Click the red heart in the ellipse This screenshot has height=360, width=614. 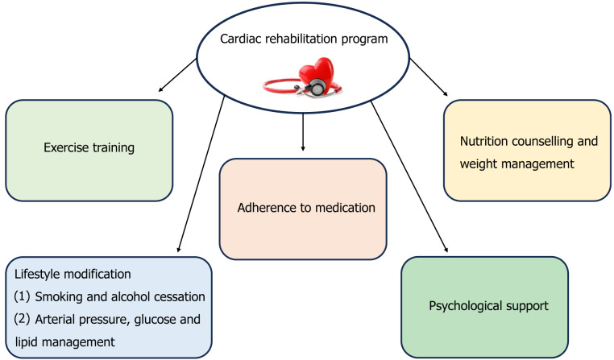317,72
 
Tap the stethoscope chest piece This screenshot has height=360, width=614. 316,87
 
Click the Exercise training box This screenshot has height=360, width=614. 89,151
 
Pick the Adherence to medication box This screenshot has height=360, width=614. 303,209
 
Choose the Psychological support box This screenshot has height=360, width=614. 484,307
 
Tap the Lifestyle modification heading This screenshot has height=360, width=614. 73,274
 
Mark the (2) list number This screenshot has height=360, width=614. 22,319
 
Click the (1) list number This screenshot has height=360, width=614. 22,296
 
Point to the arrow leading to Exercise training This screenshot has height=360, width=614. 177,75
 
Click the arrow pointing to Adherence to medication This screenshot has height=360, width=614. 303,132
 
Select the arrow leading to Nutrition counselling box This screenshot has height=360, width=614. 429,77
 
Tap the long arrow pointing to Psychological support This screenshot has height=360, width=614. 409,176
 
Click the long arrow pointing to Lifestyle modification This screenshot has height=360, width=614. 201,174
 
